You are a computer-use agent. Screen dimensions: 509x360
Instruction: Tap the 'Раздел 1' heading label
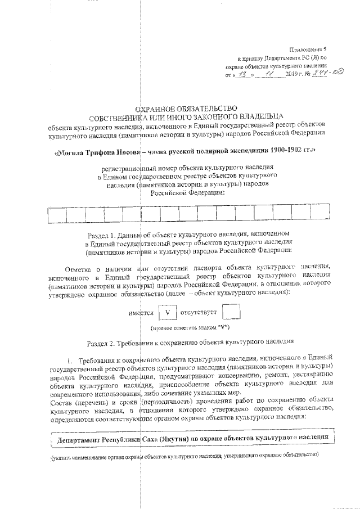(x=104, y=233)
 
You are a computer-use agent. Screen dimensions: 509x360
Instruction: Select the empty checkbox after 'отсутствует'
(x=231, y=312)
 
